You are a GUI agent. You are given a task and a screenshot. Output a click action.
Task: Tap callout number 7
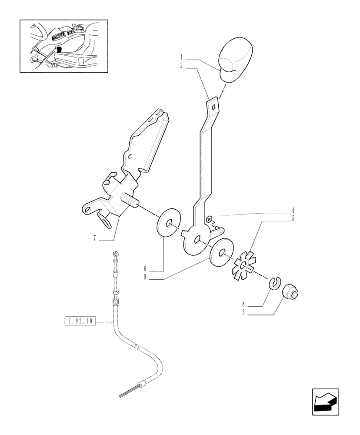pos(94,238)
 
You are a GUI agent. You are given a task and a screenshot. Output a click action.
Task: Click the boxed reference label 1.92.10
pos(80,322)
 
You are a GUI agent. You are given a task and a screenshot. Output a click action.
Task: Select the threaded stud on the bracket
pos(129,201)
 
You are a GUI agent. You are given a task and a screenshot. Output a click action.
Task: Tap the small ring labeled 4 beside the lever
pos(209,218)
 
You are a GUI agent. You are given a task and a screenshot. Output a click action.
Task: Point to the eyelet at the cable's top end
pos(116,254)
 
